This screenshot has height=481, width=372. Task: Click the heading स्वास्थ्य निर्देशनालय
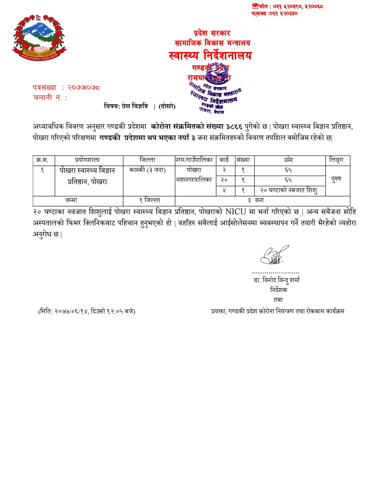tap(210, 55)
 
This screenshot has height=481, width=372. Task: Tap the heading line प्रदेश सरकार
tap(212, 33)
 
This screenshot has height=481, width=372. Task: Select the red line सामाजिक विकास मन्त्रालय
tap(212, 43)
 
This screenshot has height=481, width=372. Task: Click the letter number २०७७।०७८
tap(84, 87)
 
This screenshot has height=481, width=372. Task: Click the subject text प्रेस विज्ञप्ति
tap(135, 106)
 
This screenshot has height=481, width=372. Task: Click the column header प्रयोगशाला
tap(87, 160)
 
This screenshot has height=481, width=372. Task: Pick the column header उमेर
tap(288, 160)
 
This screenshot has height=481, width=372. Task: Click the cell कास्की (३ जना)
tap(148, 170)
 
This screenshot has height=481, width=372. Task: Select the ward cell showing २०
tap(224, 180)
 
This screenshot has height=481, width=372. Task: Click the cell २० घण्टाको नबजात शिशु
tap(289, 190)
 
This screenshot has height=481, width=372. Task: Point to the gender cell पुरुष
tap(336, 179)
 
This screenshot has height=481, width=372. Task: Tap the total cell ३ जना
tap(256, 201)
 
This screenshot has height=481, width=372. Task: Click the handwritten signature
tap(274, 256)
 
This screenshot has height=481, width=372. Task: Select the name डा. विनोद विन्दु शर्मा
tap(277, 280)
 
